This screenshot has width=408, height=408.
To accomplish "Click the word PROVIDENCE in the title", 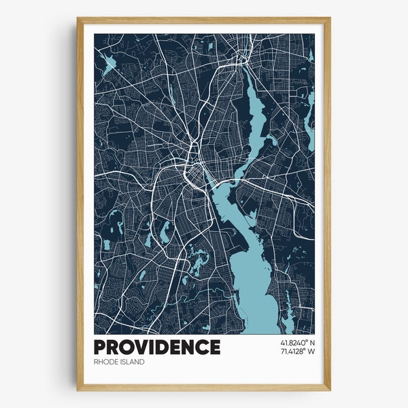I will pyautogui.click(x=157, y=347).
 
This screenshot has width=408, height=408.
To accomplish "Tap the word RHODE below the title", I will pyautogui.click(x=106, y=362).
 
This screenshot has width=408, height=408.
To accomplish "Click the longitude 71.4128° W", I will pyautogui.click(x=296, y=352).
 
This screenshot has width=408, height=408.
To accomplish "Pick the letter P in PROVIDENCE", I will pyautogui.click(x=101, y=347).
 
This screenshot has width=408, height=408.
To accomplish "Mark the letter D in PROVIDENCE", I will pyautogui.click(x=164, y=347).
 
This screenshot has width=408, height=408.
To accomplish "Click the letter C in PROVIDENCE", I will pyautogui.click(x=202, y=347).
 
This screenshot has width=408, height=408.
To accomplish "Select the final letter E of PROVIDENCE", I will pyautogui.click(x=215, y=347).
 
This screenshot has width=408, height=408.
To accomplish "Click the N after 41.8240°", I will pyautogui.click(x=311, y=342).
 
